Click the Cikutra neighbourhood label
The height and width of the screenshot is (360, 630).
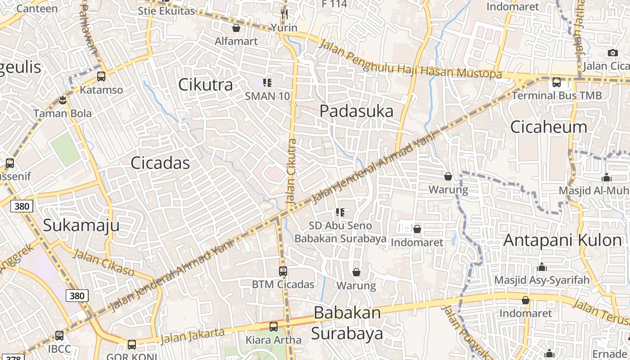click(206, 85)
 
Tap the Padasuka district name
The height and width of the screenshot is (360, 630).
click(356, 111)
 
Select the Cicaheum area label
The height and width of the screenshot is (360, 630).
click(549, 127)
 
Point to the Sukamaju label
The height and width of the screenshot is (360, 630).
click(81, 225)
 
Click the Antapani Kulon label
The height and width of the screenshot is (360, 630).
click(562, 240)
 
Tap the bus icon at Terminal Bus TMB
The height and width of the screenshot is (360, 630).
click(557, 82)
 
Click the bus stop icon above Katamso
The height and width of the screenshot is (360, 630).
click(101, 76)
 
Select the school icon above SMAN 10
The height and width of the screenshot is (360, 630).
click(267, 83)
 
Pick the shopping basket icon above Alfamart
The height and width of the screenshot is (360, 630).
click(236, 28)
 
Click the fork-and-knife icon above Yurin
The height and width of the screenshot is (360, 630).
click(284, 14)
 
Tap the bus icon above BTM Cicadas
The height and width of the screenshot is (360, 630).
click(283, 271)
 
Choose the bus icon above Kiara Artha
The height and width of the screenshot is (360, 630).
click(274, 327)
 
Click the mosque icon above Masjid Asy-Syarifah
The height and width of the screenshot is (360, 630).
click(542, 267)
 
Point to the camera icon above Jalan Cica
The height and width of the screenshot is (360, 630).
click(612, 53)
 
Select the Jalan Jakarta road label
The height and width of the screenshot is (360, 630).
click(192, 336)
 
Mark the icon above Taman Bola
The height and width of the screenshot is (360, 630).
click(63, 100)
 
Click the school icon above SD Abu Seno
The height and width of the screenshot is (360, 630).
click(340, 212)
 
